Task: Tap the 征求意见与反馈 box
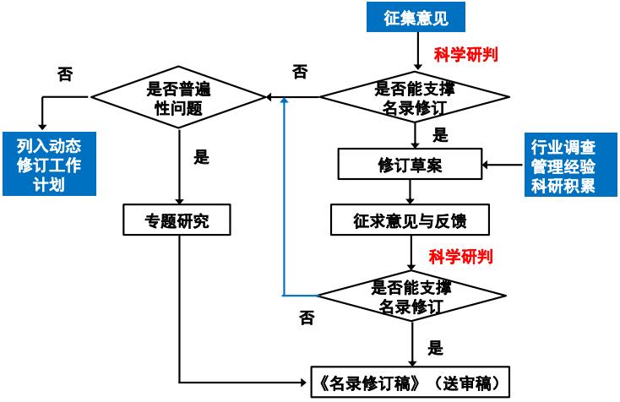click(x=410, y=221)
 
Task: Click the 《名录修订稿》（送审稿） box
click(x=410, y=381)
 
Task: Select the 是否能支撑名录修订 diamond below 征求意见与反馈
click(x=411, y=296)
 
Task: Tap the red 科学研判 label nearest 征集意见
click(x=465, y=56)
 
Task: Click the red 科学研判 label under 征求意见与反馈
click(x=460, y=255)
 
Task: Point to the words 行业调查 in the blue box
click(x=564, y=145)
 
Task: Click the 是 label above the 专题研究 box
click(x=200, y=158)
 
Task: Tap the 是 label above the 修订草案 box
click(x=440, y=135)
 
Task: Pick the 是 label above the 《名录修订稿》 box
click(x=436, y=347)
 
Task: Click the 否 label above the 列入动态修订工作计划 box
click(x=64, y=74)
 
